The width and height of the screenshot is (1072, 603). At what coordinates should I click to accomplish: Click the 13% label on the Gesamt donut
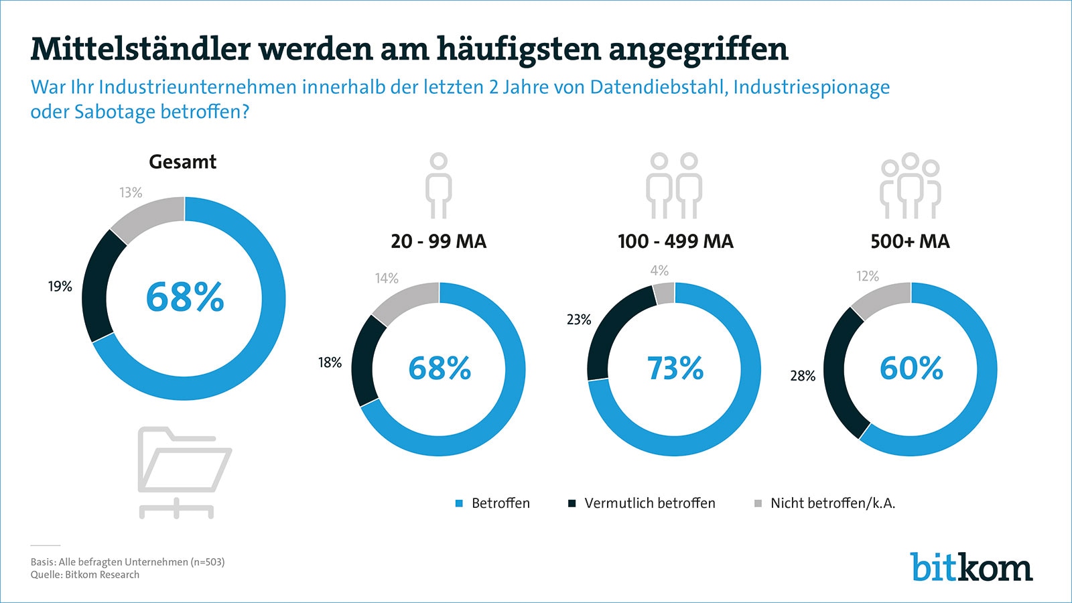131,192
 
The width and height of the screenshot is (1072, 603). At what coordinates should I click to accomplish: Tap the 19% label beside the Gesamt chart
60,287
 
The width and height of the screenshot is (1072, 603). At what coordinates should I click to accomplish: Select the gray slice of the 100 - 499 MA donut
664,293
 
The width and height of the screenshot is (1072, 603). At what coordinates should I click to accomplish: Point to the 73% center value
675,368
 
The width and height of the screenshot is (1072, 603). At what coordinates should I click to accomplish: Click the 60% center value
911,368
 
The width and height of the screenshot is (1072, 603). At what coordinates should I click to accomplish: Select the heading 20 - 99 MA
439,241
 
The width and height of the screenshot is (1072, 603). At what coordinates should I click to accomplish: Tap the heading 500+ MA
910,241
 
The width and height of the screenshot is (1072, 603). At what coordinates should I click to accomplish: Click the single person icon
439,186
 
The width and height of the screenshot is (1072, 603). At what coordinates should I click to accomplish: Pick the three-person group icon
910,186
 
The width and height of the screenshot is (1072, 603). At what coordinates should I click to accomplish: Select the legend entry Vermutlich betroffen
649,503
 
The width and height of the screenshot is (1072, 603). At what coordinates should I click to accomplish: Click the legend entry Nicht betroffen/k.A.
832,503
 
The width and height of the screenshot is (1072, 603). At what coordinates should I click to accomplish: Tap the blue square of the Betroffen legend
460,504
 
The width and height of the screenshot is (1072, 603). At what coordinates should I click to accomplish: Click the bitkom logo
971,567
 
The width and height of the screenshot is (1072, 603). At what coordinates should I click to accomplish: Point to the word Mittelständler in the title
141,49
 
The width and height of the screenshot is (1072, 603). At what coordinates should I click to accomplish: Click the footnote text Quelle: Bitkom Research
85,575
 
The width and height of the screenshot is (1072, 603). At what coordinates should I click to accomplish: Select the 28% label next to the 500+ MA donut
803,376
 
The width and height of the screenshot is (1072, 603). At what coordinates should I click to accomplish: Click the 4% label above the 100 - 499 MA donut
659,271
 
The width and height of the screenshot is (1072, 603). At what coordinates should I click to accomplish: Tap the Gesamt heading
183,161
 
